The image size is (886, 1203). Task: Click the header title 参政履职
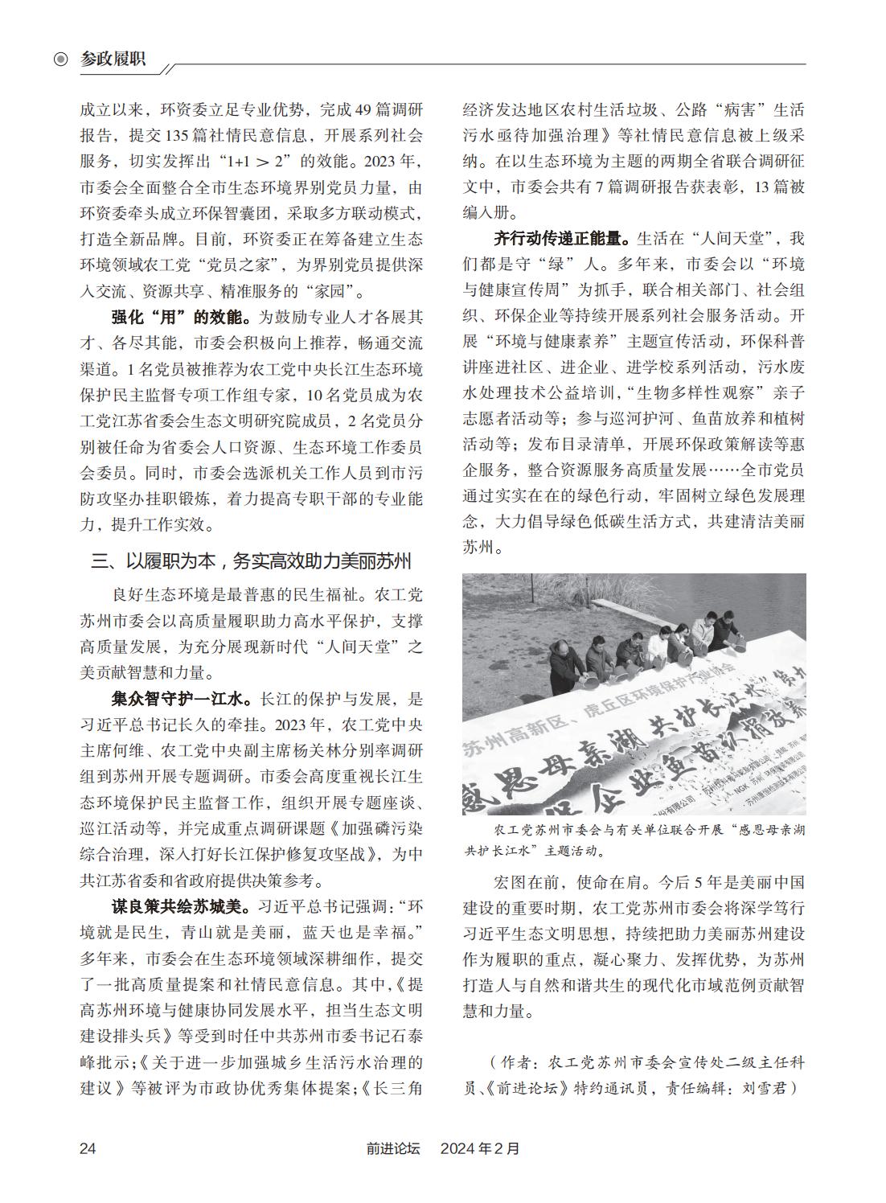[113, 59]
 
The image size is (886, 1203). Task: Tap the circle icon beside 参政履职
[60, 60]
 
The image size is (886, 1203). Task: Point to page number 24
[88, 1148]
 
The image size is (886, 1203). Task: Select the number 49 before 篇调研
[363, 109]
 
